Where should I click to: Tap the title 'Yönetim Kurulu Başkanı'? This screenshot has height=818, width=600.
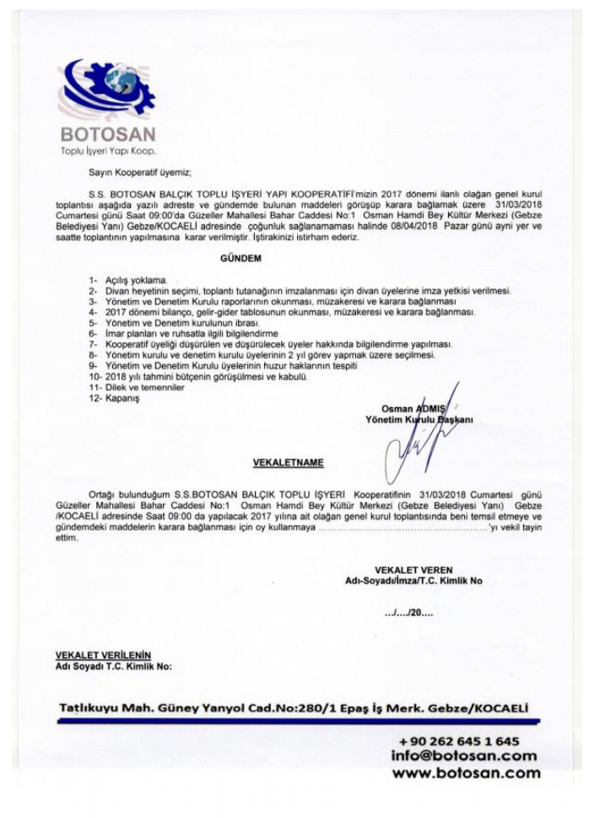(418, 419)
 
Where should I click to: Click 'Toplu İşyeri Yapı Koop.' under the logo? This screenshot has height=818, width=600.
(106, 149)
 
